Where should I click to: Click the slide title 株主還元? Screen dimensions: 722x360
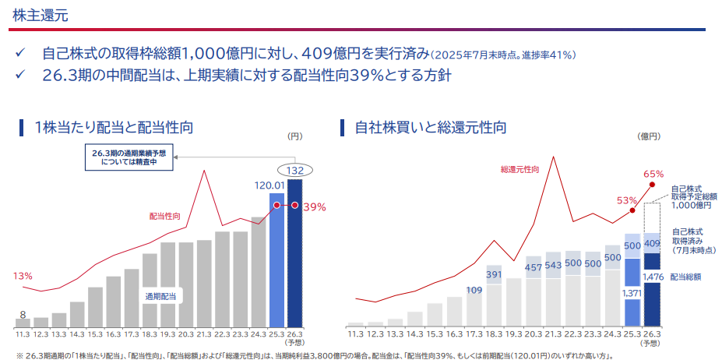pyautogui.click(x=41, y=16)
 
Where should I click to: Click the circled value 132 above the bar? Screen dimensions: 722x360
pyautogui.click(x=294, y=171)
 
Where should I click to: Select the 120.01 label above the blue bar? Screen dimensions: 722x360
pyautogui.click(x=269, y=185)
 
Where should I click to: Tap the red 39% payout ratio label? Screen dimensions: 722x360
pyautogui.click(x=315, y=207)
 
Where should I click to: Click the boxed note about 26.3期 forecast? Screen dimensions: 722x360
pyautogui.click(x=129, y=158)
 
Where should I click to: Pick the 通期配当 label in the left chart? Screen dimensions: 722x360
pyautogui.click(x=160, y=296)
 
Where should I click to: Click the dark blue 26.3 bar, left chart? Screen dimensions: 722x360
pyautogui.click(x=294, y=253)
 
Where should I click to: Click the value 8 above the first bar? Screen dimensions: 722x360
pyautogui.click(x=23, y=314)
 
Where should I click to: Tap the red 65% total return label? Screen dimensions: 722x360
pyautogui.click(x=654, y=175)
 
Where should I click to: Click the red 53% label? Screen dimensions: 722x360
pyautogui.click(x=627, y=200)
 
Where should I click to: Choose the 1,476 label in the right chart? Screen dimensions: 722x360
pyautogui.click(x=653, y=277)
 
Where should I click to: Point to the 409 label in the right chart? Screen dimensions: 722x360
pyautogui.click(x=653, y=243)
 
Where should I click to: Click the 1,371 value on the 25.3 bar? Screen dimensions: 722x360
pyautogui.click(x=632, y=293)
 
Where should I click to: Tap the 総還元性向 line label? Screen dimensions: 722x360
pyautogui.click(x=519, y=170)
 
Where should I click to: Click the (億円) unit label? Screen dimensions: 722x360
pyautogui.click(x=648, y=136)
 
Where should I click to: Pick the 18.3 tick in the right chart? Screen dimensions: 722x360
pyautogui.click(x=495, y=334)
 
